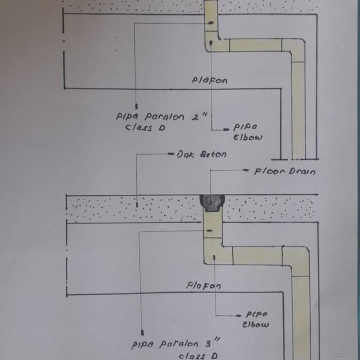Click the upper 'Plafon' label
coord(209,80)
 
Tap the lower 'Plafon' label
coord(204,286)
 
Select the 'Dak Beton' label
coord(201,154)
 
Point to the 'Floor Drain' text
coord(285,171)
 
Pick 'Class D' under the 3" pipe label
coord(198,355)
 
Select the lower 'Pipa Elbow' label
coord(256,319)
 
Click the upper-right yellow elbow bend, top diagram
coord(295,49)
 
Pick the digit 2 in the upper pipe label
coord(196,116)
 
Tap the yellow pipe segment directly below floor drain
coord(212,226)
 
